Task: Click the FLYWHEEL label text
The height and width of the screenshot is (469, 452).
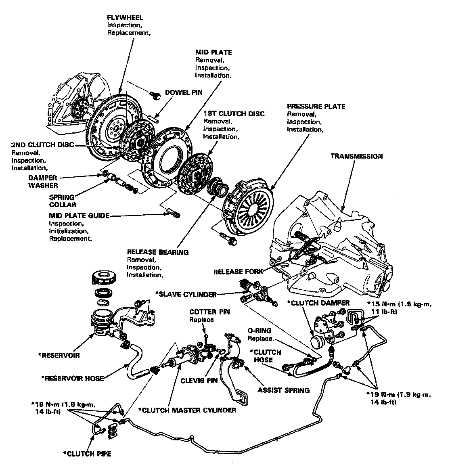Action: [125, 18]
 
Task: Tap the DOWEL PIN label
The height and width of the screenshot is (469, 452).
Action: [183, 92]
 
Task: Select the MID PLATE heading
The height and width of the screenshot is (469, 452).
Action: [213, 52]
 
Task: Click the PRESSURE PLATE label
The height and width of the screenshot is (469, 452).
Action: [316, 107]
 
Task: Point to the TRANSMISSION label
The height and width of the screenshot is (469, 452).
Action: [356, 156]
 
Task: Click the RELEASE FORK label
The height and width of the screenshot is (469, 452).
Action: [238, 272]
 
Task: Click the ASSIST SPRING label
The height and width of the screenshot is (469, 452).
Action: [283, 390]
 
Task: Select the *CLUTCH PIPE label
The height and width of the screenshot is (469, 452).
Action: [87, 454]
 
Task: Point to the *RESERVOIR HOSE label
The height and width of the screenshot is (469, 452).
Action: [73, 378]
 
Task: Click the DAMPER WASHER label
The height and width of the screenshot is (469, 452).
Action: [43, 182]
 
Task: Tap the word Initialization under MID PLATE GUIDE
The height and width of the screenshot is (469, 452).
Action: [68, 231]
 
